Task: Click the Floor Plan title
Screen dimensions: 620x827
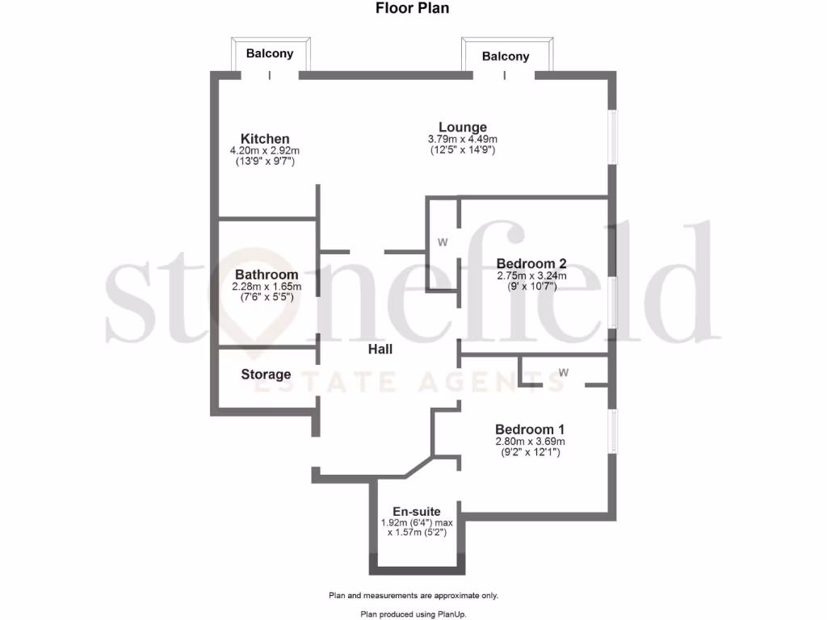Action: coord(413,9)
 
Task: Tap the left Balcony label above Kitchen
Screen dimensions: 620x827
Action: coord(270,54)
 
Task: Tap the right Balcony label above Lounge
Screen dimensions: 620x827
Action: coord(506,57)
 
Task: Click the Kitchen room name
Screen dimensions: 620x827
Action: coord(265,140)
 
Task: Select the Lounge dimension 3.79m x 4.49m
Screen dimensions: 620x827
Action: coord(463,140)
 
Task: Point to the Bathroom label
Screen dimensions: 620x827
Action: coord(267,274)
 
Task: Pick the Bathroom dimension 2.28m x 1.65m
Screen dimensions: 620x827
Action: coord(267,286)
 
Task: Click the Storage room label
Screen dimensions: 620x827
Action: coord(266,375)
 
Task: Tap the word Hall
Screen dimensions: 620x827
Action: coord(380,350)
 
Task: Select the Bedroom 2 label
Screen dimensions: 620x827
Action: coord(531,264)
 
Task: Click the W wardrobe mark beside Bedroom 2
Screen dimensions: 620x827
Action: coord(443,241)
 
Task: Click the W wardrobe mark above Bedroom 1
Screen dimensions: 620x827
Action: coord(564,372)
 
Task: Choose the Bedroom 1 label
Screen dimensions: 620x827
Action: coord(530,429)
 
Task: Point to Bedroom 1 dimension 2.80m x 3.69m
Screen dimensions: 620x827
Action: coord(530,442)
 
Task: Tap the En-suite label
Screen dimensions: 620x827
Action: coord(417,511)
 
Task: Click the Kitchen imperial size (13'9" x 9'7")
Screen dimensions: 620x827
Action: coord(265,161)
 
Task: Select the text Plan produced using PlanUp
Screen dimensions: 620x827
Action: coord(413,614)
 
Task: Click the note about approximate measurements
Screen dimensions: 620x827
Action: coord(413,596)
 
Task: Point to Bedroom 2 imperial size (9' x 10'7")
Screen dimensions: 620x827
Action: coord(531,287)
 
